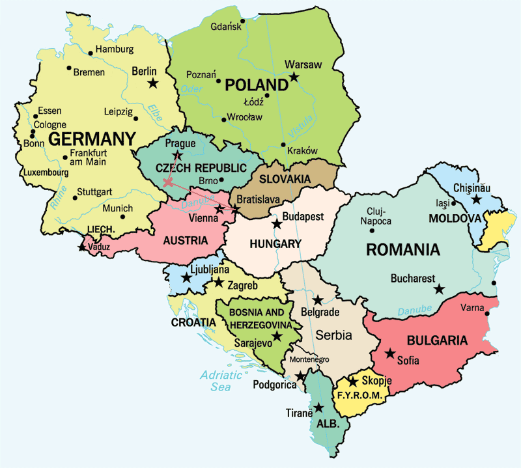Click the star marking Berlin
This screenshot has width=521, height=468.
(153, 83)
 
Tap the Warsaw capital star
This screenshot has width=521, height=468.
(294, 77)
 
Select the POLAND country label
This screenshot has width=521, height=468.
(256, 85)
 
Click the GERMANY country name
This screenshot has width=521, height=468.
(92, 139)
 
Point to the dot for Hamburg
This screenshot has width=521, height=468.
(91, 51)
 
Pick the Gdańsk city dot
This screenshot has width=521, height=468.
(242, 21)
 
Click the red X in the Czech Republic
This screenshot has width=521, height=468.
(168, 183)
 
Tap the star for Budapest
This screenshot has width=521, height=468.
(277, 224)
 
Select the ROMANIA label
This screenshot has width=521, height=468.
(403, 249)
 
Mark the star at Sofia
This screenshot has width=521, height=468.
(389, 353)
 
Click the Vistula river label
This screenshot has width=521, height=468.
(305, 127)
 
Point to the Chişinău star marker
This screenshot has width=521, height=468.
(477, 199)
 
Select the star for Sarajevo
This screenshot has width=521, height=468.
(277, 336)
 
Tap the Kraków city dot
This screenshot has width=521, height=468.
(283, 145)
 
